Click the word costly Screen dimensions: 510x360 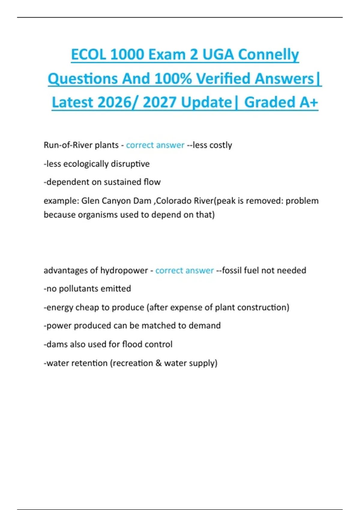pos(221,145)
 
